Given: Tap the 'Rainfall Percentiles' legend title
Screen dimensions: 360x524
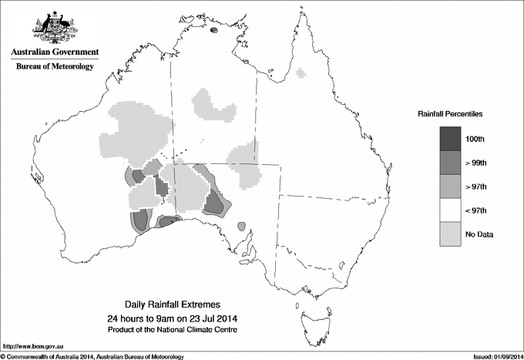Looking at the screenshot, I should (450, 114).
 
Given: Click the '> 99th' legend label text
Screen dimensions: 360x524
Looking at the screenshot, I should (475, 163).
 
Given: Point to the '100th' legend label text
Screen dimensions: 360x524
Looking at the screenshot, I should (475, 139).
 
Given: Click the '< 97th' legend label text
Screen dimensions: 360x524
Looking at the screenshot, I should (475, 210).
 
